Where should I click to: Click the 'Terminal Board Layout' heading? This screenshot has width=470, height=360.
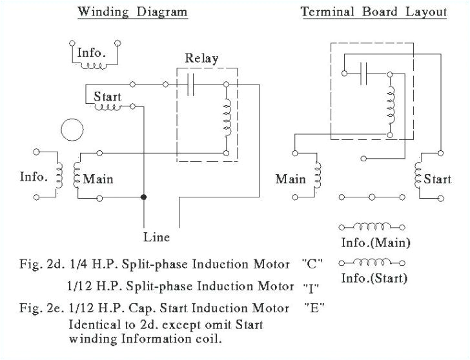point(374,12)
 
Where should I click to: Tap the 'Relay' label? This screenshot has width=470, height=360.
point(201,58)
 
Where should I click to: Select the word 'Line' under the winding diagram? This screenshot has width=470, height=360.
point(156,237)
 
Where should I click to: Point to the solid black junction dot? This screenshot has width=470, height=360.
point(144,196)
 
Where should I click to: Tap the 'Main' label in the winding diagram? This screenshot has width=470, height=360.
point(98,177)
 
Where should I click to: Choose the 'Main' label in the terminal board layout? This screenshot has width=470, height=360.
point(291,179)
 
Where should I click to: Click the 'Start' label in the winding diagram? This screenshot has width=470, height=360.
point(107,96)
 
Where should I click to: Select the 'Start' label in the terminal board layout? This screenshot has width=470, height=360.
point(437,179)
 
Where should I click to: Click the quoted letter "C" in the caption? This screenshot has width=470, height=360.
point(312,265)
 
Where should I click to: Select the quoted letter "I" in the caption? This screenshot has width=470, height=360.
point(312,285)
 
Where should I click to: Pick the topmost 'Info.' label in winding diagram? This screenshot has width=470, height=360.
point(90,52)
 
